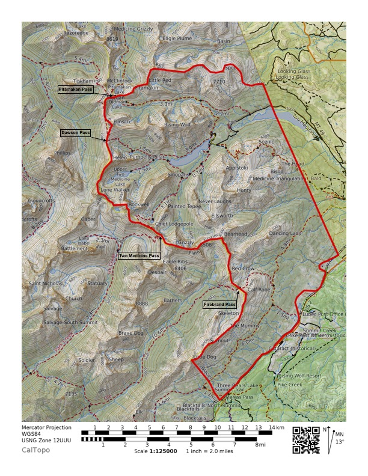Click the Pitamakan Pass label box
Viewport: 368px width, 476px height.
point(75,90)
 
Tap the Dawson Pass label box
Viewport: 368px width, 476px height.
point(75,132)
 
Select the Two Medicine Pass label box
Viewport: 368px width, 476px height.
point(139,255)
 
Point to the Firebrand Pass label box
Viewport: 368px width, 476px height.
point(219,305)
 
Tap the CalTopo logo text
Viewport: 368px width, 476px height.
point(36,450)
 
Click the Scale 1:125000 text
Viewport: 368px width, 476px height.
point(155,451)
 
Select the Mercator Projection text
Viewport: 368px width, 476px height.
point(46,428)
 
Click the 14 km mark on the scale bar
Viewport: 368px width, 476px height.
point(275,427)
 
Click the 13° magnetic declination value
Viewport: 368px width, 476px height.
point(340,442)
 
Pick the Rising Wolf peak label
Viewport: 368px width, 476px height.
point(177,125)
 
